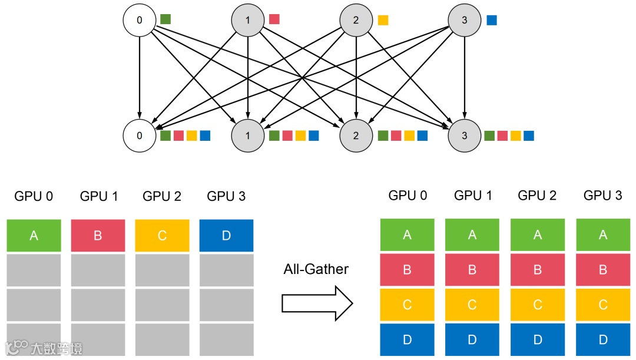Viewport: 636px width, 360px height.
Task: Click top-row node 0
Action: (140, 20)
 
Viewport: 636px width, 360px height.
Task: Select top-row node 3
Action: (465, 20)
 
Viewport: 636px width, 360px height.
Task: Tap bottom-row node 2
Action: (356, 136)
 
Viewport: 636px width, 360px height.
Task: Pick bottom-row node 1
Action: (247, 136)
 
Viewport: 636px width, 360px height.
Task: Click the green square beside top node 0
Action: (165, 19)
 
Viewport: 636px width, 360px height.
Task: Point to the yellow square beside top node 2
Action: (383, 20)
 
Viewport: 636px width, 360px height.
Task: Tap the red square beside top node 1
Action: (274, 19)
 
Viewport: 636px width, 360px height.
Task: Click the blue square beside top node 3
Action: (492, 20)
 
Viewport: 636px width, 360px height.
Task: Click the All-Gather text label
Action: (316, 269)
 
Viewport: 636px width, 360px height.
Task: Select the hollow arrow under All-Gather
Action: (317, 303)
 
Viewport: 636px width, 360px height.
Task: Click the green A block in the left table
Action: (34, 236)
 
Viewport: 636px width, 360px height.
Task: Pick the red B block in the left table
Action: (98, 236)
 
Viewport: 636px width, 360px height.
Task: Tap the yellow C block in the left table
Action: (162, 236)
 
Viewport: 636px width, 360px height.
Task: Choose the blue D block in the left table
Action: (226, 236)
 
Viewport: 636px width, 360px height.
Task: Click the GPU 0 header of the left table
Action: (34, 196)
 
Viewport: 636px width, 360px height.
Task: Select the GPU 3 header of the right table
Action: (602, 196)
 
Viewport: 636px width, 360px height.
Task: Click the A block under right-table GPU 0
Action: (407, 235)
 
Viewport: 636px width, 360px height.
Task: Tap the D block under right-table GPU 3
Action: (602, 340)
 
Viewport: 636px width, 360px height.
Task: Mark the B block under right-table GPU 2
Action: (537, 270)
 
